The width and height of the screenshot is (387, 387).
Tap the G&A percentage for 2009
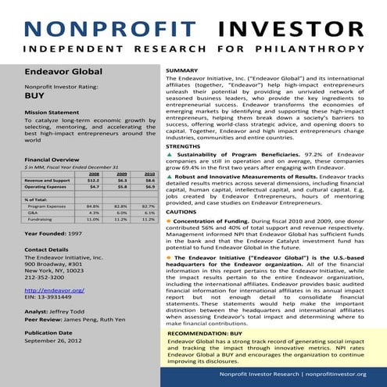pos(120,213)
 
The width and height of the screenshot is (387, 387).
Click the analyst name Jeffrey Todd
pos(66,311)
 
